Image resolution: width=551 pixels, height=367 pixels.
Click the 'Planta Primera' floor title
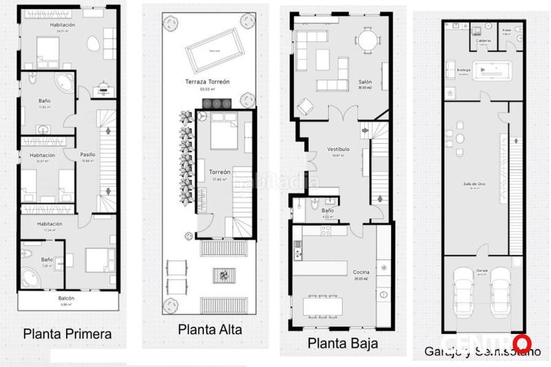pyautogui.click(x=67, y=334)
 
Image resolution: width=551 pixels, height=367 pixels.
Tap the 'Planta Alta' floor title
pyautogui.click(x=210, y=329)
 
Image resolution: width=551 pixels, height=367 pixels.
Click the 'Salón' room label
pyautogui.click(x=365, y=81)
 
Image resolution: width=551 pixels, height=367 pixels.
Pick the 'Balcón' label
pyautogui.click(x=67, y=299)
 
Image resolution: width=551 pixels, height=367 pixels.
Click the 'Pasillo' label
pyautogui.click(x=87, y=155)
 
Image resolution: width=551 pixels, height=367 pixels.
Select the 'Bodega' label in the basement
pyautogui.click(x=464, y=70)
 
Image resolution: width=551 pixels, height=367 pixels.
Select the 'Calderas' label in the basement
pyautogui.click(x=484, y=40)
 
